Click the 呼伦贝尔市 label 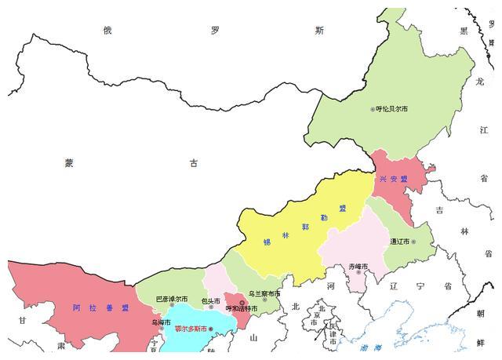point(392,109)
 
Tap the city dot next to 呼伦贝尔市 point(373,109)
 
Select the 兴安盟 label point(393,179)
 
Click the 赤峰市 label point(358,267)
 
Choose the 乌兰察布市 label point(264,293)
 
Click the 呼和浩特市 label point(242,309)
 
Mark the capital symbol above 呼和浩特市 point(242,302)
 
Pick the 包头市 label point(210,300)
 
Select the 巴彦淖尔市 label point(171,299)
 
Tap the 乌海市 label point(161,322)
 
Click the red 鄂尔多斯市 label point(191,329)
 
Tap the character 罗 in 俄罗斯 point(214,31)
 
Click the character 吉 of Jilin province point(439,209)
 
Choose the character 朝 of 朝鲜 point(479,312)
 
